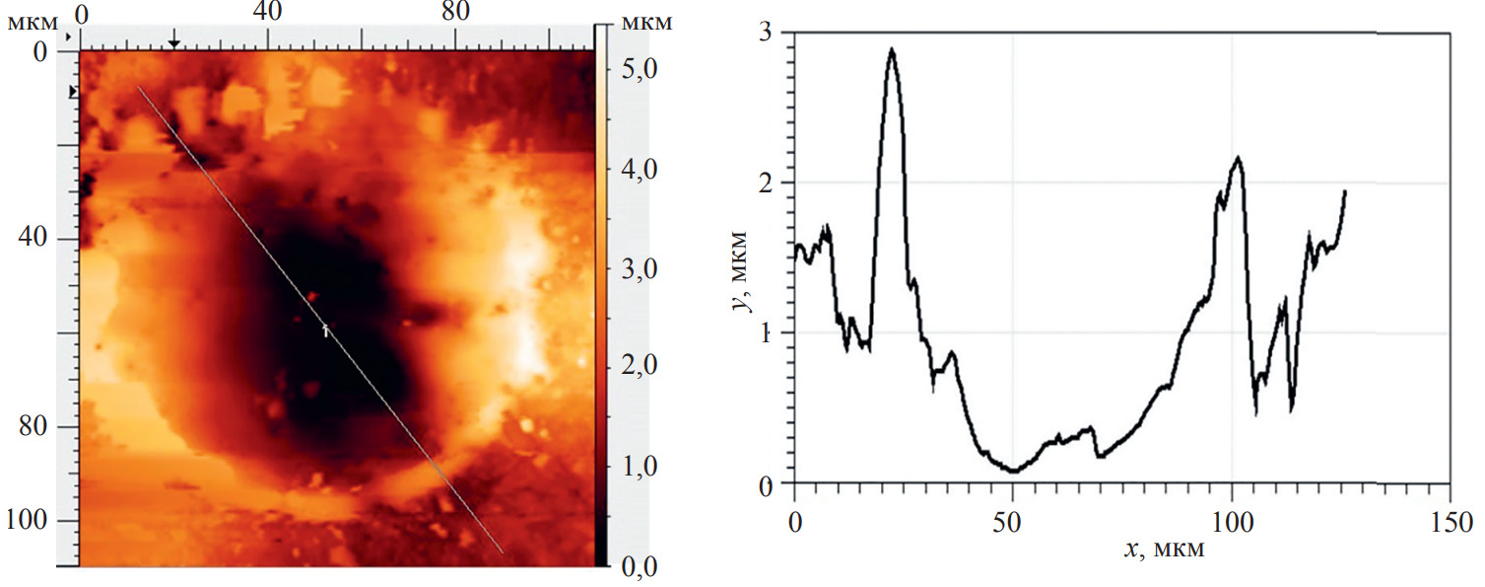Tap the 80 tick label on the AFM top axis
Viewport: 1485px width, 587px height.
click(453, 13)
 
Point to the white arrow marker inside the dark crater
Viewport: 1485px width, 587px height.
click(326, 330)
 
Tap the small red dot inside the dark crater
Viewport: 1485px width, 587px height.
click(312, 295)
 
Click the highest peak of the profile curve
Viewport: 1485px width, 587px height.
click(892, 48)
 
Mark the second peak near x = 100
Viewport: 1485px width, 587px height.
click(1238, 157)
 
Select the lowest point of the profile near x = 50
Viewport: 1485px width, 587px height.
click(1013, 472)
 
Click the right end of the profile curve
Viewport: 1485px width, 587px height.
click(1345, 191)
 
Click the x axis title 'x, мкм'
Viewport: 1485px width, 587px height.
click(1163, 549)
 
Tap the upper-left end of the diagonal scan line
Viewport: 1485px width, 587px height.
click(138, 87)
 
